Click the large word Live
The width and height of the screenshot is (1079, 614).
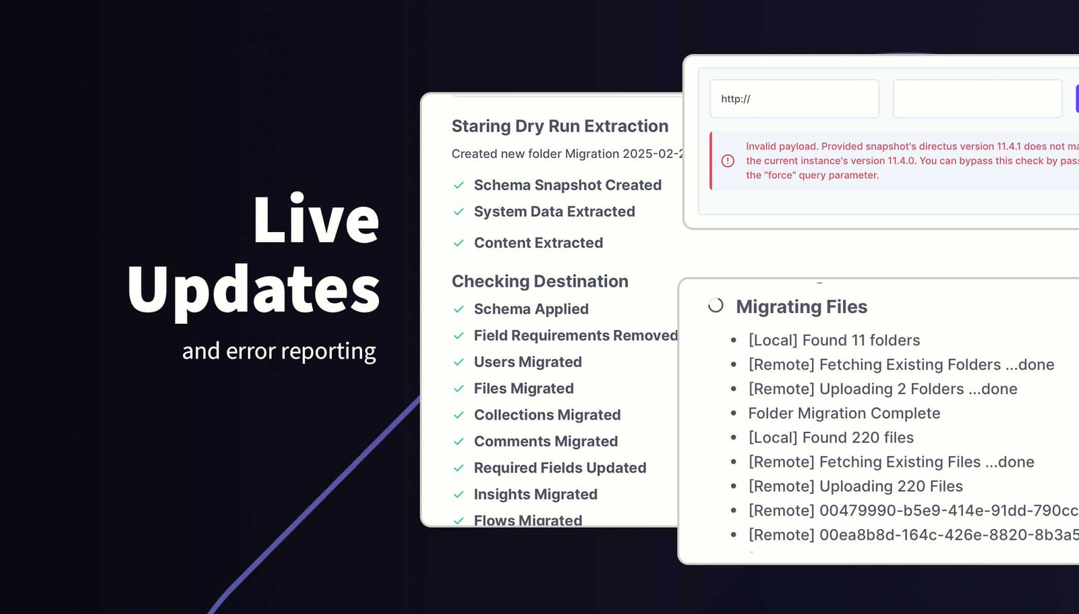[x=316, y=219]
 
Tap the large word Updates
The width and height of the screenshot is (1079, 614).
[x=254, y=289]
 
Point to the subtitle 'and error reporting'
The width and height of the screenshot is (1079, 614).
[x=279, y=351]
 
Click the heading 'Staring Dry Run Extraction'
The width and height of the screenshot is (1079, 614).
[x=560, y=126]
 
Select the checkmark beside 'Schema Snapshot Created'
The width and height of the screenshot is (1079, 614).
[x=459, y=185]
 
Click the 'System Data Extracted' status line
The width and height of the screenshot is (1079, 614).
[x=554, y=212]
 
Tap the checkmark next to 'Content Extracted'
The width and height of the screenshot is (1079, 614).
[x=459, y=243]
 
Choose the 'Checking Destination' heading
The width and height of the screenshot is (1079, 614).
[x=539, y=281]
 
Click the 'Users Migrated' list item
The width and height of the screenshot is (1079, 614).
[x=527, y=362]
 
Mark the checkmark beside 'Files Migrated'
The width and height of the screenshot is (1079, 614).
[x=459, y=389]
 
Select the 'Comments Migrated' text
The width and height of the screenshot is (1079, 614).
[x=546, y=441]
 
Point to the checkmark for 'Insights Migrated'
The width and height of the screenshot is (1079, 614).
[x=459, y=495]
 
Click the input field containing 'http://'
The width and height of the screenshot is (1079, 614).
[x=794, y=99]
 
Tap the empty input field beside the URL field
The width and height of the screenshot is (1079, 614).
[x=977, y=99]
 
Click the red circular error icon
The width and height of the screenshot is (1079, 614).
[x=728, y=161]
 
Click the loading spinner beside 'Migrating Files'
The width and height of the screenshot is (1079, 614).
[x=716, y=306]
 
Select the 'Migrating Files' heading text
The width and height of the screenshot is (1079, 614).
[x=801, y=307]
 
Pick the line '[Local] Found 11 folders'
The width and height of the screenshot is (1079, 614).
[x=834, y=340]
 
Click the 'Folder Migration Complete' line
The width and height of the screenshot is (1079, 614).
[x=844, y=413]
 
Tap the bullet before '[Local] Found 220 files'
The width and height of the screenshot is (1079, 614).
[x=734, y=438]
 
